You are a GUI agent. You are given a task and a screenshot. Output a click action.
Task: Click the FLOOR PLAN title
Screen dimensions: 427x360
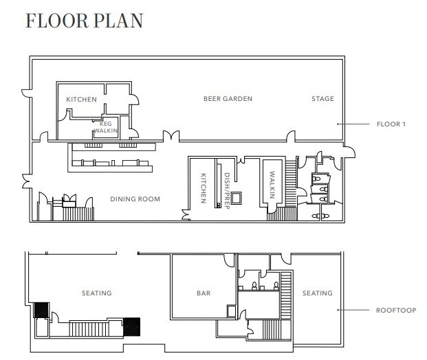coord(84,21)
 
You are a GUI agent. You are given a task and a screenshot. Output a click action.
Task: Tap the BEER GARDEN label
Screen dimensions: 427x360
coord(228,99)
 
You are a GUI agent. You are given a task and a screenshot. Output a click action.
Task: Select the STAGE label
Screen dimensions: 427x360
coord(322,99)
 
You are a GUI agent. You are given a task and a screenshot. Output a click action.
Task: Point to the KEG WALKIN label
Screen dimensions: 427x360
coord(106,127)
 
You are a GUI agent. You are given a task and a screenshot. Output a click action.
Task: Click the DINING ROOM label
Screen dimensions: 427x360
coord(135,199)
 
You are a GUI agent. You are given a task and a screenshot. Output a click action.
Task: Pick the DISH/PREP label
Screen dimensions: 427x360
coord(227,191)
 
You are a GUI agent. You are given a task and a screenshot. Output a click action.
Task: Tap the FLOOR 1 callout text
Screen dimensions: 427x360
coord(391,124)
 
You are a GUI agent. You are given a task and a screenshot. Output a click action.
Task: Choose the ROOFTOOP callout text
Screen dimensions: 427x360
coord(396,311)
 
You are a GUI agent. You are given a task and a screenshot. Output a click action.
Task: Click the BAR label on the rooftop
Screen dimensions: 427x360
coord(204,293)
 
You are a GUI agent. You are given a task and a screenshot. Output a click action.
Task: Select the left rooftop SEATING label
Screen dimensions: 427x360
coord(97,293)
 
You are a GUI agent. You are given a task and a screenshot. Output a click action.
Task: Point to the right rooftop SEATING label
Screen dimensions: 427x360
coord(318,293)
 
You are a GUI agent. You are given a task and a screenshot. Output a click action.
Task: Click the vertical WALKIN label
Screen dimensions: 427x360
coord(272,185)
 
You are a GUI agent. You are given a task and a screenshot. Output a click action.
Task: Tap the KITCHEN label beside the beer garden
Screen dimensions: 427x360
coord(81,100)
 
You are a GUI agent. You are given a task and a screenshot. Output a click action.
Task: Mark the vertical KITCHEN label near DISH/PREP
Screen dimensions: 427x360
coord(203,188)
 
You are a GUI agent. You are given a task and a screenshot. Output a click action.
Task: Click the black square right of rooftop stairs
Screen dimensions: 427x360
coord(132,327)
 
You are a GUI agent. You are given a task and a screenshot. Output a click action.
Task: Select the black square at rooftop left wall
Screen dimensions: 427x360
coord(41,310)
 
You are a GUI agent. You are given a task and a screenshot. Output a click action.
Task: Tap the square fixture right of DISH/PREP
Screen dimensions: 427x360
coord(237,198)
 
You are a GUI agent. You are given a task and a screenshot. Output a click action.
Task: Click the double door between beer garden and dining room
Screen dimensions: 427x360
coord(171,136)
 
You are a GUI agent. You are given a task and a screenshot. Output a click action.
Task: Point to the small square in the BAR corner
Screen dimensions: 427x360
coord(231,311)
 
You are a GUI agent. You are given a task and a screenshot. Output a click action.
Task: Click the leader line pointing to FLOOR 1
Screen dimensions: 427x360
coord(353,124)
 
